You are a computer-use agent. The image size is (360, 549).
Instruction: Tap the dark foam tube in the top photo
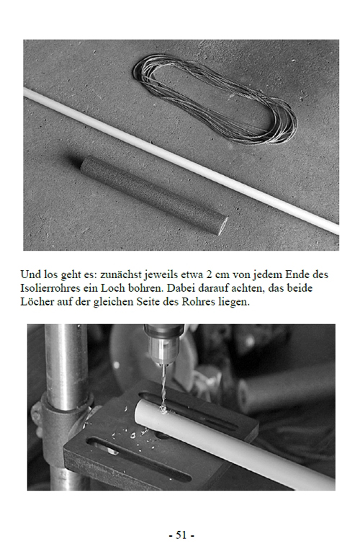pyautogui.click(x=154, y=195)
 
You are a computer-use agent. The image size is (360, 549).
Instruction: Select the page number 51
pyautogui.click(x=181, y=535)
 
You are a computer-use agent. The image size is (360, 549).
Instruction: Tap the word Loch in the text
pyautogui.click(x=112, y=287)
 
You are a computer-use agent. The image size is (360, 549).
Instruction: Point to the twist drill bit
pyautogui.click(x=163, y=387)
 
